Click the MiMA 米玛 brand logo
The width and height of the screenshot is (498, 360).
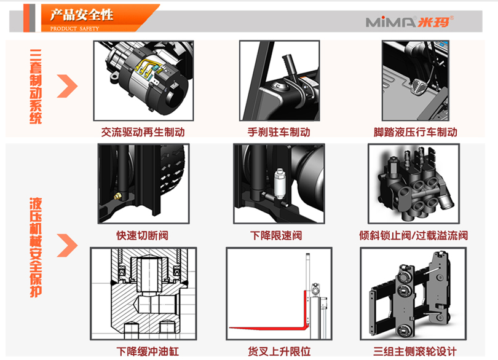pos(409,22)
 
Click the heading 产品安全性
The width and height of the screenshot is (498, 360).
pos(82,15)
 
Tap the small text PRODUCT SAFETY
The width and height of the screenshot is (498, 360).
pos(74,29)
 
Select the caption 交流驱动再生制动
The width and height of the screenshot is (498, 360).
pos(143,132)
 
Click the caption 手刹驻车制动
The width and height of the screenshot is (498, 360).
pos(279,132)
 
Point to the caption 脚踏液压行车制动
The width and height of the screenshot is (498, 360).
pos(416,132)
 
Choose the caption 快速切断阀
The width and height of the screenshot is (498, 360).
pos(142,235)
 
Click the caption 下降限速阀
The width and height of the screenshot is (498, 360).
pos(276,235)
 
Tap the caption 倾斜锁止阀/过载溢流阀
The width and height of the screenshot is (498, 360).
pos(414,235)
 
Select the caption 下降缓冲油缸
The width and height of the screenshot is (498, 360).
pos(148,351)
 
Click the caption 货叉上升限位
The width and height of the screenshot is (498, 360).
pos(279,351)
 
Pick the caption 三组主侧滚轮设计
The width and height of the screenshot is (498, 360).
pos(415,351)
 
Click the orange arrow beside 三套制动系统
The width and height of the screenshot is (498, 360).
pos(67,86)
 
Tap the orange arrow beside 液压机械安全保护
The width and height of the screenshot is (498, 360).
pos(67,245)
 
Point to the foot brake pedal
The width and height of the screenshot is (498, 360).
pos(419,87)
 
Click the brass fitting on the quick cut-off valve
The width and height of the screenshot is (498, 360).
pos(118,197)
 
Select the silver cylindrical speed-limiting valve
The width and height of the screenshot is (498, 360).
pos(279,184)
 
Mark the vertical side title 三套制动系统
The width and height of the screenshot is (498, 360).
pos(36,87)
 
